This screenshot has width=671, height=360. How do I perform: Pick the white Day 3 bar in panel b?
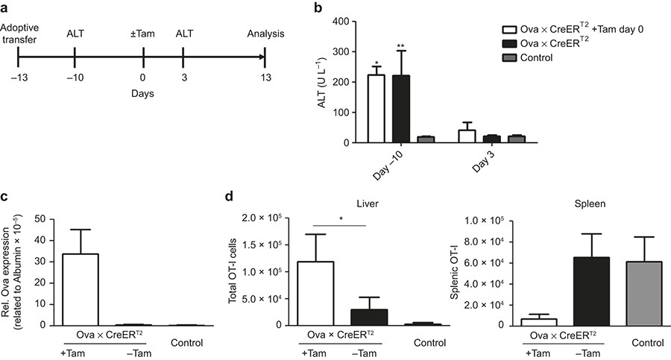tap(467, 136)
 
